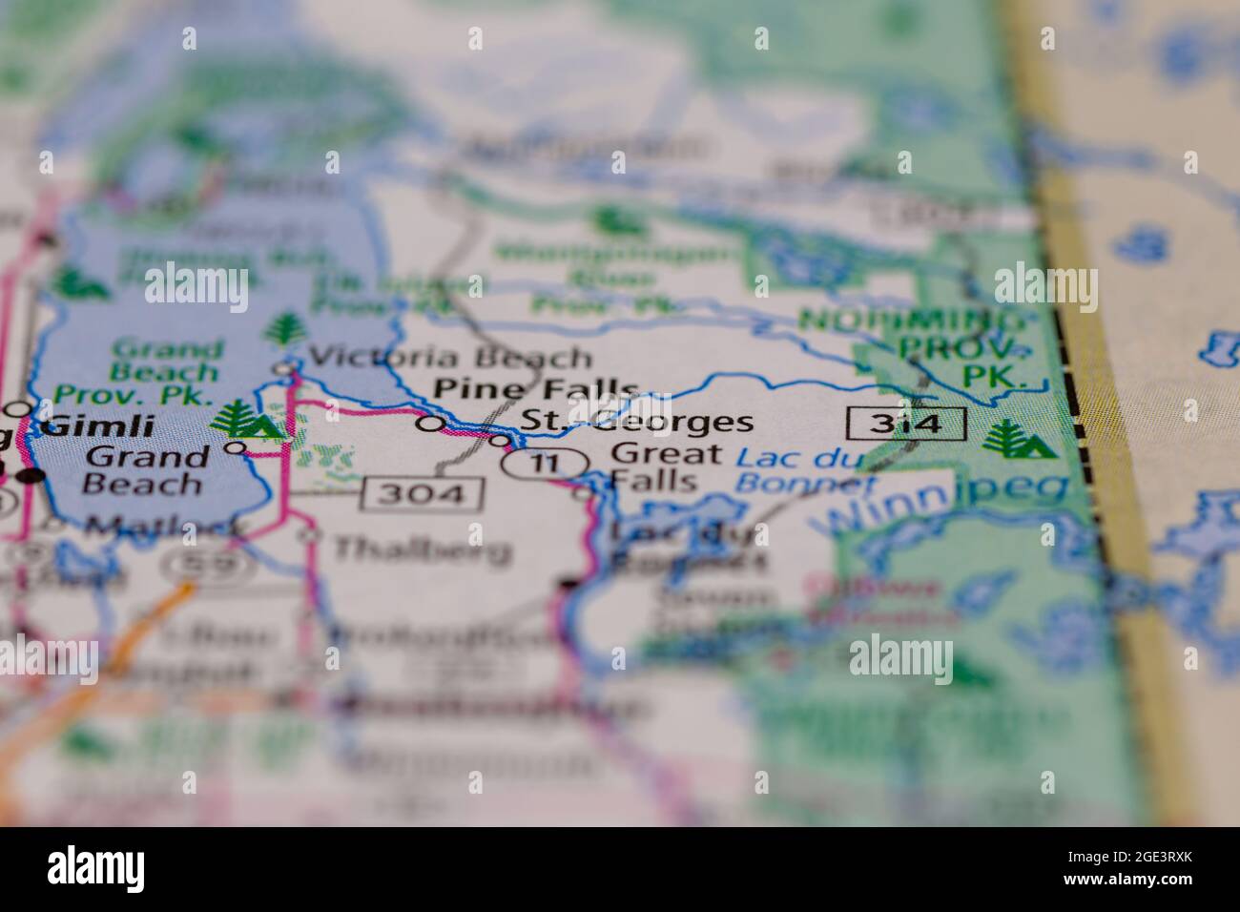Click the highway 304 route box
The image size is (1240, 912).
423,494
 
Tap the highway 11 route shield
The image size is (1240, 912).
544,465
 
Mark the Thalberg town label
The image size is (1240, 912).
422,549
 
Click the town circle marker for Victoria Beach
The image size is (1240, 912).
284,367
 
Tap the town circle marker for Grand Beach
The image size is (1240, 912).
235,447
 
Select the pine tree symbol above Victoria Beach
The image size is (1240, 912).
282,330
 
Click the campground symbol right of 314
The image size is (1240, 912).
1018,438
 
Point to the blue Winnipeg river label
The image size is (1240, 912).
944,502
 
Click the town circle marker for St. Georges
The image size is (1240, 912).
499,441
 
